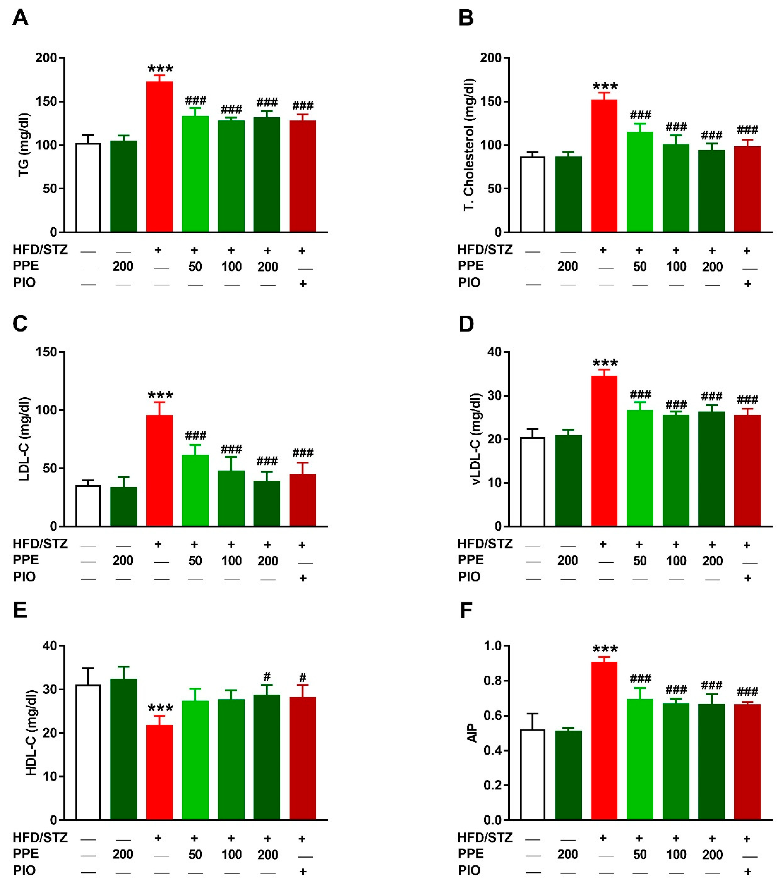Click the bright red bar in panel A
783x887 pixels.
[x=159, y=156]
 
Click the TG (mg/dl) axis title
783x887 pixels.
[x=24, y=145]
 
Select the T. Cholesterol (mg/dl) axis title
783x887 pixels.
[x=469, y=145]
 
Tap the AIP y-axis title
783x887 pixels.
[x=473, y=733]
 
